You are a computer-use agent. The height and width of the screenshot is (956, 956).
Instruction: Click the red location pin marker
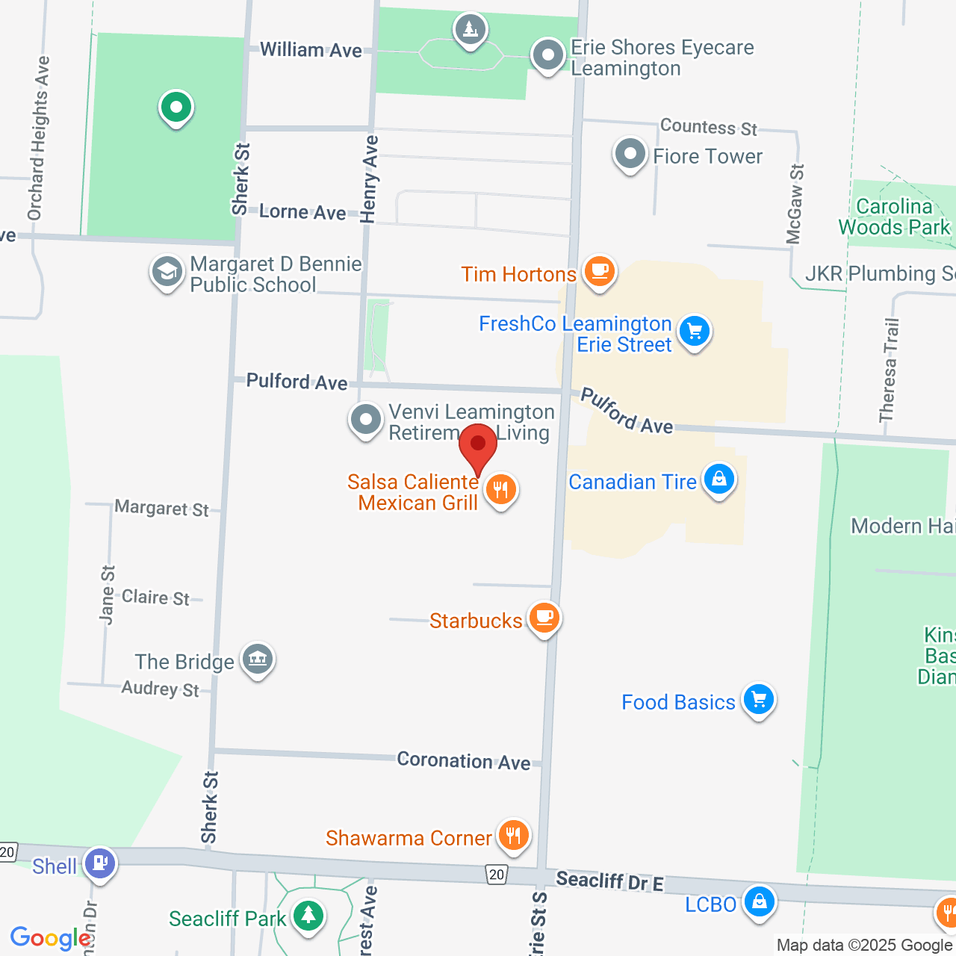(478, 447)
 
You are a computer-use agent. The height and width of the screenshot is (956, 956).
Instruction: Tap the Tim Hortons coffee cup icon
(599, 270)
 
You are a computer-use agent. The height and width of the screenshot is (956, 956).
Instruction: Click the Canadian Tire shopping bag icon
(718, 479)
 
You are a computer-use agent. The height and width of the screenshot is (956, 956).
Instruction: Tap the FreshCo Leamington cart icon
(695, 331)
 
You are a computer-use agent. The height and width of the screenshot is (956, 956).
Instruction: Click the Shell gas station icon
(100, 863)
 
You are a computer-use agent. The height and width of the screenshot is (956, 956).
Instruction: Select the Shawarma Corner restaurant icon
(513, 835)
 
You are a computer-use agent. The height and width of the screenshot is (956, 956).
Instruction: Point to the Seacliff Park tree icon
(308, 916)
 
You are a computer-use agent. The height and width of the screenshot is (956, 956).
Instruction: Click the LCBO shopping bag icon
(759, 901)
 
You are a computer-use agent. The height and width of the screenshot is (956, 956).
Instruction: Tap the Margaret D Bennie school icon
(167, 273)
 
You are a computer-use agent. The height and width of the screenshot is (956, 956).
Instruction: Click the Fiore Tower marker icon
(630, 155)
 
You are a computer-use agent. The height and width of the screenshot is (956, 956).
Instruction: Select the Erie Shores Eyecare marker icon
(549, 55)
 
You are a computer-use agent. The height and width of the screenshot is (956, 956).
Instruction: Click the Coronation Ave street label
(464, 760)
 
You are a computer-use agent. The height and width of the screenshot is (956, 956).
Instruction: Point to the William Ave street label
(311, 50)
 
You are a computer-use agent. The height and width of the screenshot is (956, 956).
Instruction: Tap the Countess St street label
(708, 127)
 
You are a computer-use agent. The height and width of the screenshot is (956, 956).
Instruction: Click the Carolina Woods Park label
(894, 217)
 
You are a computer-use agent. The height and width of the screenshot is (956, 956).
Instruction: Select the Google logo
(50, 938)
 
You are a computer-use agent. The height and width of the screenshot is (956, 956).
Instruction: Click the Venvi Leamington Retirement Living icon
(366, 420)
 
